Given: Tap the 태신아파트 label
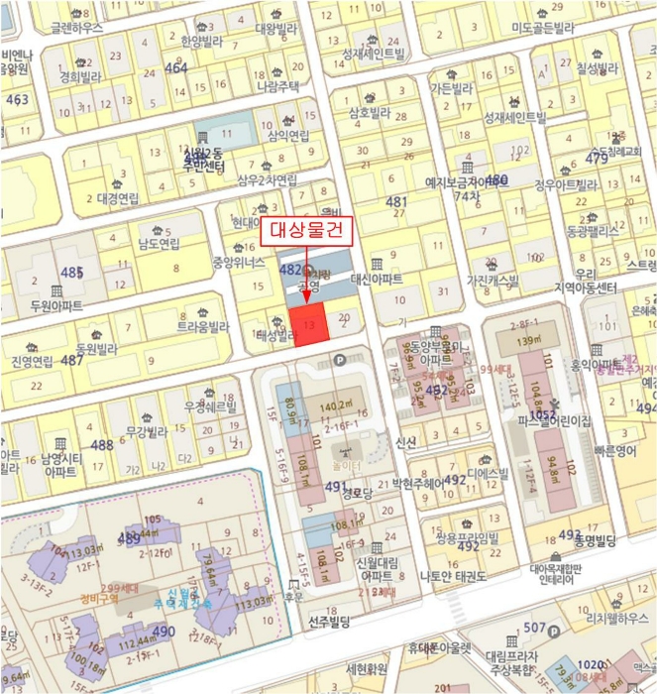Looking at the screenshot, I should pos(378,280).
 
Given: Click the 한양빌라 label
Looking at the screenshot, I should pos(202,43).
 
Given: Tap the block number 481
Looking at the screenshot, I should pos(396,202).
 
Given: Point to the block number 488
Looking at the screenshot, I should pos(103,445).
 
